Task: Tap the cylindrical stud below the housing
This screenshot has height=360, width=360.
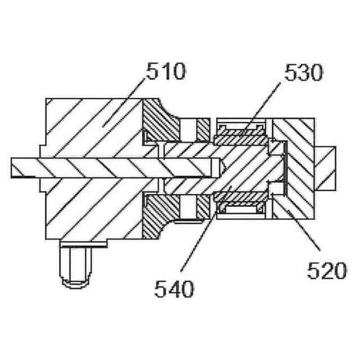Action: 75,264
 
